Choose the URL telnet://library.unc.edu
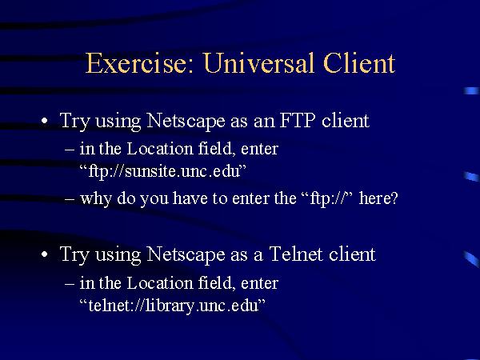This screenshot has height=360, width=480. (174, 306)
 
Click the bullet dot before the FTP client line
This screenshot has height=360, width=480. (45, 121)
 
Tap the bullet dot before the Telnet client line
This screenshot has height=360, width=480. (45, 254)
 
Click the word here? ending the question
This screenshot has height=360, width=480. (378, 198)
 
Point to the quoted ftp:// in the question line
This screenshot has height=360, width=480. (329, 198)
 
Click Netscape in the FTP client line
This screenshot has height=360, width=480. (186, 122)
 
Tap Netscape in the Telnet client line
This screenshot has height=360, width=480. (186, 254)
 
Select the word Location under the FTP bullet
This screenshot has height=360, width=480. (159, 149)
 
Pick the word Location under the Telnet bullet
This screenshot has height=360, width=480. (159, 283)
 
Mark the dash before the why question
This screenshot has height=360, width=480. (70, 199)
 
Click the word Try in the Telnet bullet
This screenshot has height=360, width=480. (74, 255)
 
